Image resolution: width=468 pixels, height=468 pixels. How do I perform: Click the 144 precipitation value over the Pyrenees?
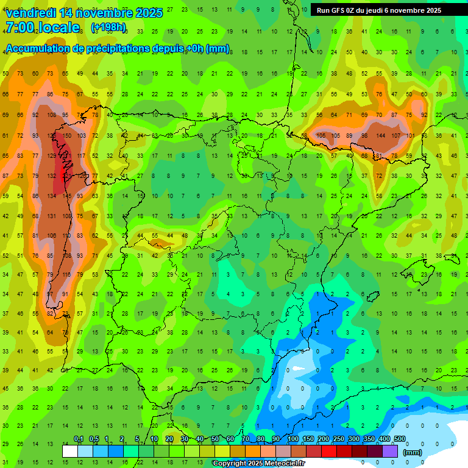point(381,135)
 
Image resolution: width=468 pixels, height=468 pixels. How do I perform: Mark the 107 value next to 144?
point(395,135)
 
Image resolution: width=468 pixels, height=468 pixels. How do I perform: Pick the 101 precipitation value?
point(410,135)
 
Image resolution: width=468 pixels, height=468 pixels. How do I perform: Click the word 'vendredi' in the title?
point(30,13)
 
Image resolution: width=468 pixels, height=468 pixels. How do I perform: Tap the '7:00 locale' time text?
point(42,27)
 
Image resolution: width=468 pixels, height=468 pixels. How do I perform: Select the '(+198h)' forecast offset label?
point(108,27)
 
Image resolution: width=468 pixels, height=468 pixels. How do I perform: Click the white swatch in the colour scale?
point(70,452)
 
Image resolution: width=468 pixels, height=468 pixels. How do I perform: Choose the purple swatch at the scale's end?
point(390,452)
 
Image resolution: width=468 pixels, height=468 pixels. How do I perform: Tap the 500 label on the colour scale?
point(399,439)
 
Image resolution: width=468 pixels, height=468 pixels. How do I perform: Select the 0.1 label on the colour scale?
point(79,439)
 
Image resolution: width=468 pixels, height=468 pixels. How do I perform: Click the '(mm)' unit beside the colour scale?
point(413,452)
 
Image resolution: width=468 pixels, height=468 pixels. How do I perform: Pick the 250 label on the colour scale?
point(338,439)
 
